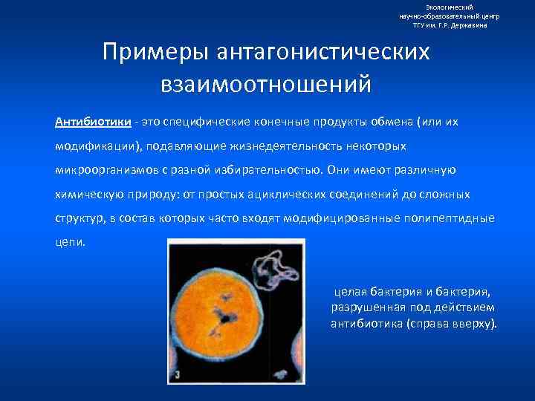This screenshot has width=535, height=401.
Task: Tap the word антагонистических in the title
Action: click(323, 53)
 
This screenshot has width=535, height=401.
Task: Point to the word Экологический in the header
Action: click(449, 7)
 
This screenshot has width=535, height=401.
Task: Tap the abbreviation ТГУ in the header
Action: click(421, 25)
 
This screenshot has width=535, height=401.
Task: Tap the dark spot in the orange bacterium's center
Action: click(221, 319)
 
